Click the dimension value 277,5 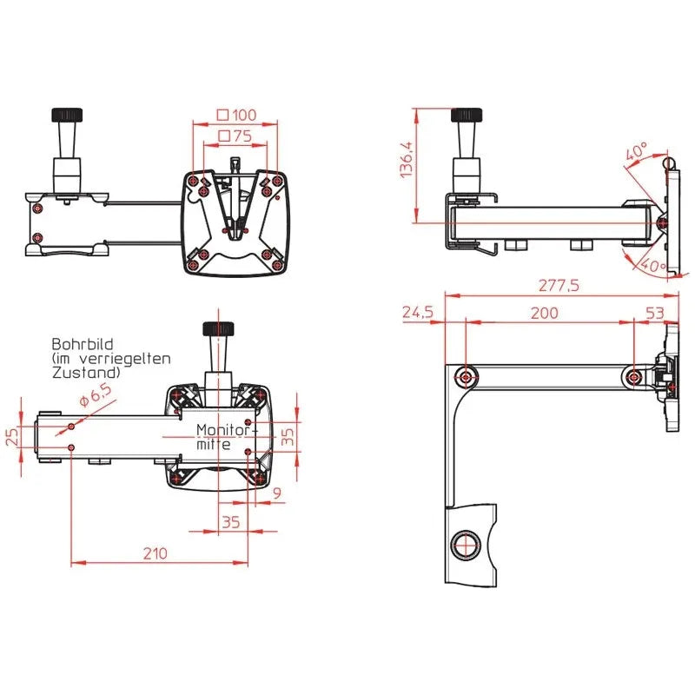coord(559,285)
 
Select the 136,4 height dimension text coord(406,162)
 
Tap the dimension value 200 coord(545,314)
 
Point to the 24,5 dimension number coord(418,313)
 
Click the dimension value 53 coord(656,314)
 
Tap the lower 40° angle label coord(652,265)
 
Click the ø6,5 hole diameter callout coord(95,398)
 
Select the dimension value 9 coord(276,494)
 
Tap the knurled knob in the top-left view coord(66,115)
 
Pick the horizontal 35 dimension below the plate coord(230,523)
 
